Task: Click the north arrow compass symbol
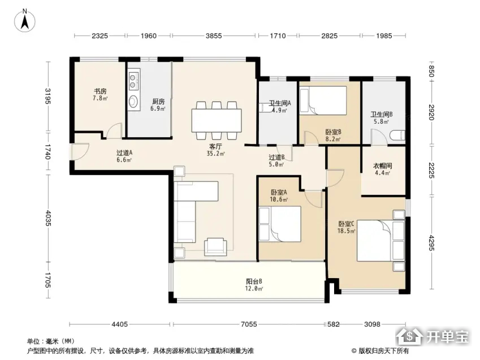pyautogui.click(x=25, y=21)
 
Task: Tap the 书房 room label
pyautogui.click(x=100, y=91)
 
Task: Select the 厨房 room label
pyautogui.click(x=158, y=101)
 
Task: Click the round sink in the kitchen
pyautogui.click(x=133, y=101)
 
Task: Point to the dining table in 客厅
pyautogui.click(x=217, y=120)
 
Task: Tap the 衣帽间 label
pyautogui.click(x=383, y=166)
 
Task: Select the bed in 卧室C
pyautogui.click(x=381, y=241)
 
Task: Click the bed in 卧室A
pyautogui.click(x=280, y=224)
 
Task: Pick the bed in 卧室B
pyautogui.click(x=323, y=101)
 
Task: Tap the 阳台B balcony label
pyautogui.click(x=254, y=281)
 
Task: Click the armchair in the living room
pyautogui.click(x=215, y=246)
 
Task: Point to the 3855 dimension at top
pyautogui.click(x=214, y=36)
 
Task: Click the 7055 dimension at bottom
pyautogui.click(x=249, y=324)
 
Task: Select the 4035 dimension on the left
pyautogui.click(x=47, y=218)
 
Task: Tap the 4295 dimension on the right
pyautogui.click(x=431, y=243)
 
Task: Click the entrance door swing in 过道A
pyautogui.click(x=79, y=151)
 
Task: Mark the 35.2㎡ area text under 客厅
pyautogui.click(x=215, y=154)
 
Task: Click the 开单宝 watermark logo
pyautogui.click(x=432, y=337)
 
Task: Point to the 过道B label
pyautogui.click(x=276, y=157)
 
